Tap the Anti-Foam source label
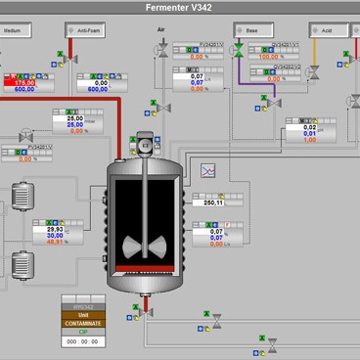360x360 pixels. click(x=87, y=30)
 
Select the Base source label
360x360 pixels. click(x=251, y=30)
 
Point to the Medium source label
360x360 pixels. click(x=13, y=30)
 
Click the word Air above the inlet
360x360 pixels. click(x=161, y=30)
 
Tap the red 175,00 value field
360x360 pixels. click(x=19, y=82)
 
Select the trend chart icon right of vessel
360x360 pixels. click(x=208, y=171)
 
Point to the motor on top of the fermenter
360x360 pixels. click(x=147, y=145)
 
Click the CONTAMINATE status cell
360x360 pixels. click(x=82, y=323)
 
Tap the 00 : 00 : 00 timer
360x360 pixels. click(x=82, y=341)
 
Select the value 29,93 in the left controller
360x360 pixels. click(x=55, y=229)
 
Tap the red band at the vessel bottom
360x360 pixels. click(x=147, y=268)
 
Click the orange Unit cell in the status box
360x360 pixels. click(x=82, y=314)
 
